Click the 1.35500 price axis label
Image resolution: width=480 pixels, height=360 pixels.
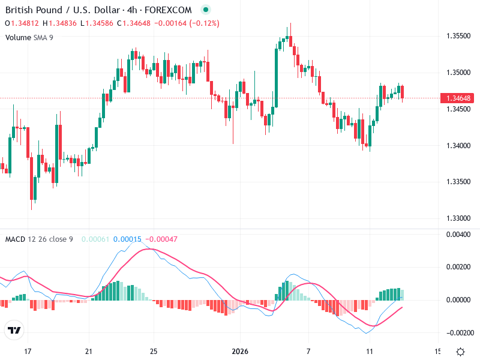pyautogui.click(x=458, y=36)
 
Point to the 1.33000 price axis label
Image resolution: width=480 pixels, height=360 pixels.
pyautogui.click(x=458, y=218)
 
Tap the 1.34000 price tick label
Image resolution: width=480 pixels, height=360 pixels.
pyautogui.click(x=458, y=145)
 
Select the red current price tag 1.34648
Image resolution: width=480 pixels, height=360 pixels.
pyautogui.click(x=458, y=98)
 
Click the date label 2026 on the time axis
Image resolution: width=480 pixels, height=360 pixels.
pyautogui.click(x=240, y=351)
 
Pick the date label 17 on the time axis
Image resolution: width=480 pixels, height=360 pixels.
pyautogui.click(x=27, y=351)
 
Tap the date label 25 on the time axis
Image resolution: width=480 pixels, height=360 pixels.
pyautogui.click(x=153, y=351)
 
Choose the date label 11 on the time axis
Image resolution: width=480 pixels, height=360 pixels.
pyautogui.click(x=370, y=351)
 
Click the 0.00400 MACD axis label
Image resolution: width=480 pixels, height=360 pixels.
pyautogui.click(x=458, y=235)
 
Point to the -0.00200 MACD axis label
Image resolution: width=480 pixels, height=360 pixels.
pyautogui.click(x=457, y=332)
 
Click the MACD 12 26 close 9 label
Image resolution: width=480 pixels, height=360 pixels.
pyautogui.click(x=39, y=239)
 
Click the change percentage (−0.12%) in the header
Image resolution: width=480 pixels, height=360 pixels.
pyautogui.click(x=205, y=23)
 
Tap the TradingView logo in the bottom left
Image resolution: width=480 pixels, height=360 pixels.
pyautogui.click(x=14, y=331)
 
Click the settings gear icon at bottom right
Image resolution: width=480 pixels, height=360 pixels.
pyautogui.click(x=460, y=352)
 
